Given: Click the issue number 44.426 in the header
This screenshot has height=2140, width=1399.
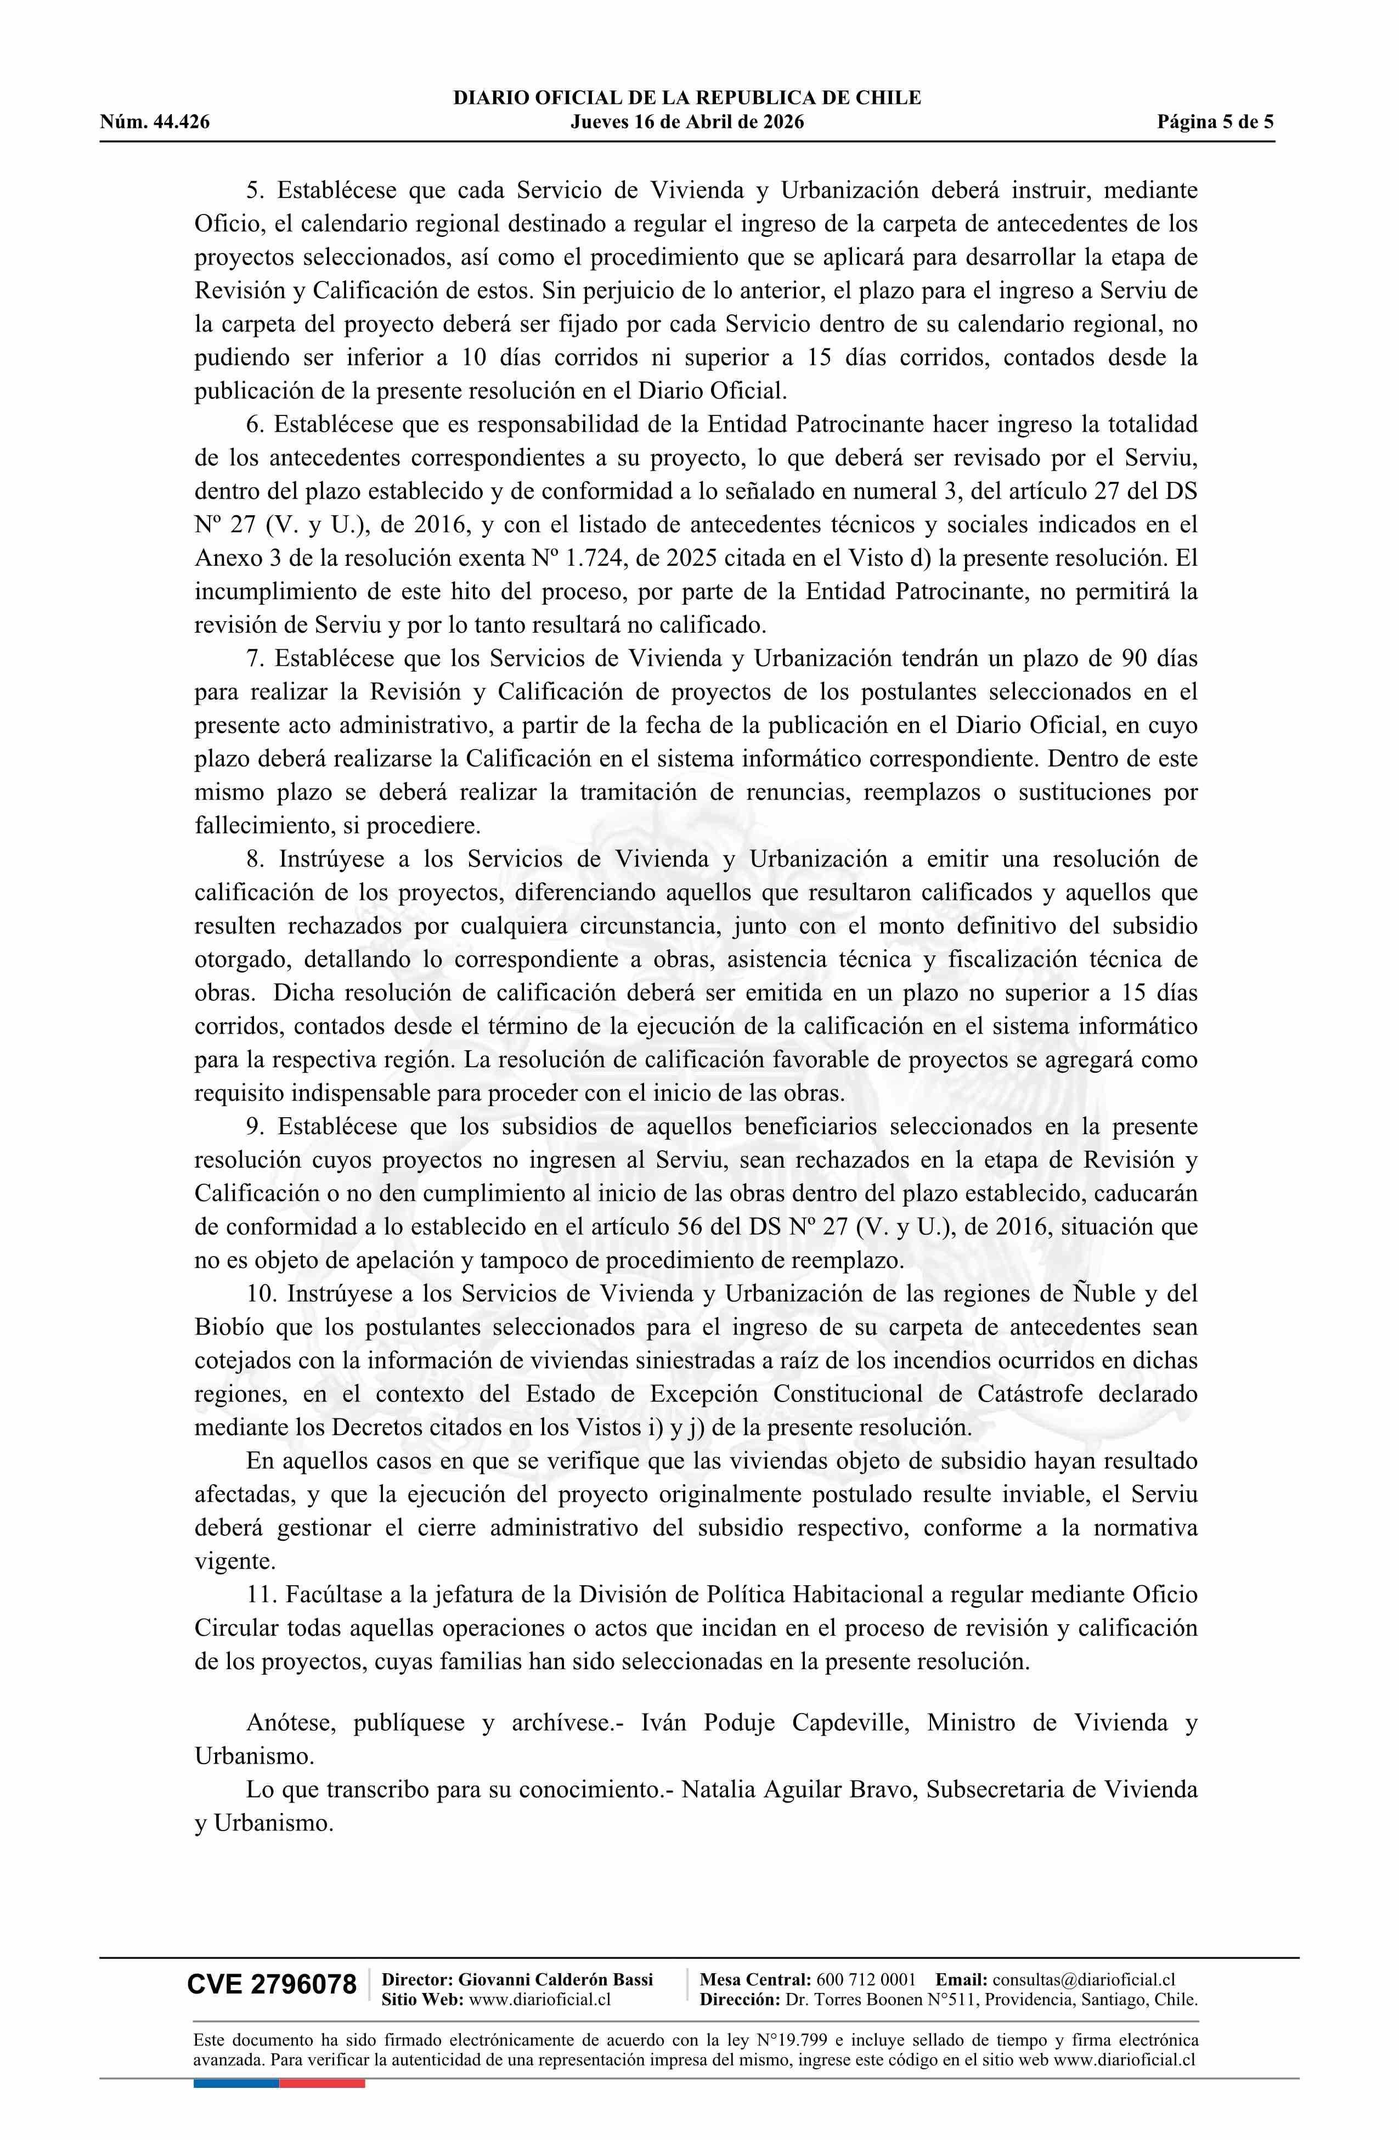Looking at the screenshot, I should tap(180, 122).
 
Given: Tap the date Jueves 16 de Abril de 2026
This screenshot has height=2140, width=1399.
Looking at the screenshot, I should tap(687, 122).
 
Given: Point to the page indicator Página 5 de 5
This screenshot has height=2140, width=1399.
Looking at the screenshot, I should tap(1215, 122).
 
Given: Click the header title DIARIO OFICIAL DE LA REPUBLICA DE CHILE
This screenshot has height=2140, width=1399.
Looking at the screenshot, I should tap(687, 98).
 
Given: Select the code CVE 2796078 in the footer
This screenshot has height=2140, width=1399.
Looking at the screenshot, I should tap(272, 1985).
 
